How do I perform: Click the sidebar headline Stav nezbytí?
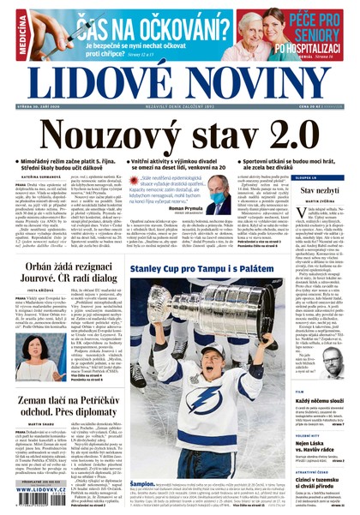coord(318,189)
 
